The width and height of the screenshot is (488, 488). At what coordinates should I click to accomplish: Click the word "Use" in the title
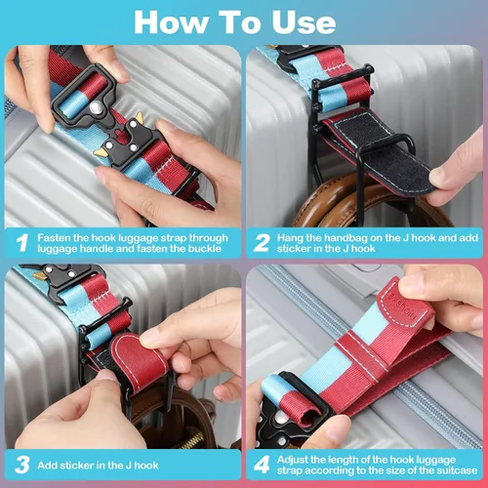[304, 22]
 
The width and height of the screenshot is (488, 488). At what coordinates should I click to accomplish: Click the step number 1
[22, 243]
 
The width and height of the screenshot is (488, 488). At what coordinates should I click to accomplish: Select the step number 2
[262, 243]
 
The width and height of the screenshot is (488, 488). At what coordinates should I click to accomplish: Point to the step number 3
[22, 465]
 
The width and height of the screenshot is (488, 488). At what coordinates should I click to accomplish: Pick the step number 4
[262, 465]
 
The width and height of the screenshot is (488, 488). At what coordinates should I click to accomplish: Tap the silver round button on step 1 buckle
[96, 108]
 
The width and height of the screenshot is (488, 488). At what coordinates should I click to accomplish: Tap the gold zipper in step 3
[191, 441]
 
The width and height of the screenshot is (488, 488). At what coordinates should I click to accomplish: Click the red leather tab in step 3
[139, 361]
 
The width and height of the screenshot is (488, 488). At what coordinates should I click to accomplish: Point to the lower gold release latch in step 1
[102, 153]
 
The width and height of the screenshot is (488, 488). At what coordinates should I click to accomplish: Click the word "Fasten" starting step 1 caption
[54, 238]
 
